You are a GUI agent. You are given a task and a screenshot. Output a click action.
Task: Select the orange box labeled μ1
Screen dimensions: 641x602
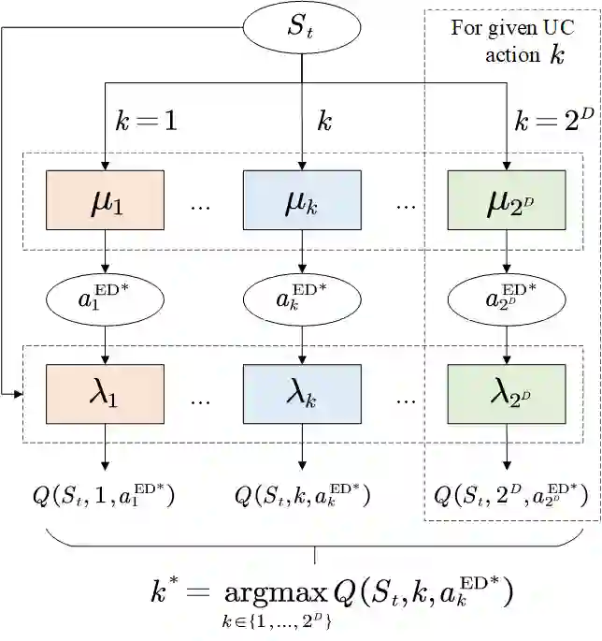105,200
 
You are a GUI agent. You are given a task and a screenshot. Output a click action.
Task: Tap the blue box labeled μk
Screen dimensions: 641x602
301,200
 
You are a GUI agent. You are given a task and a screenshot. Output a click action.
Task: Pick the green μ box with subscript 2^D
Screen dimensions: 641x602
507,200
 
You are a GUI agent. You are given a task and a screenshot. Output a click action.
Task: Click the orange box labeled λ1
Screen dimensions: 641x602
105,395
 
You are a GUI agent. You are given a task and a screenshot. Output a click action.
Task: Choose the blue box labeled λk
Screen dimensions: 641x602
301,395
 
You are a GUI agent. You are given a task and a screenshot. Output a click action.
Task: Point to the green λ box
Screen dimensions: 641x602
507,395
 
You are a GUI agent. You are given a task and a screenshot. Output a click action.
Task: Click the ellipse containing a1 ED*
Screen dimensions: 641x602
105,299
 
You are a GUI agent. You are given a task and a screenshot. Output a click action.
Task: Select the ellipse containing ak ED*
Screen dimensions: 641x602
301,299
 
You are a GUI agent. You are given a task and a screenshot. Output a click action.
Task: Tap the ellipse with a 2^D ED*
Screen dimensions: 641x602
507,299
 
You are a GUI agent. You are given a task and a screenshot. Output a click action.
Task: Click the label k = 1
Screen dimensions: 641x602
146,122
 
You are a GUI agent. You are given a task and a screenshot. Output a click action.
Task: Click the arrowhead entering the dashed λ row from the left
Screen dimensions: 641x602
18,395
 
